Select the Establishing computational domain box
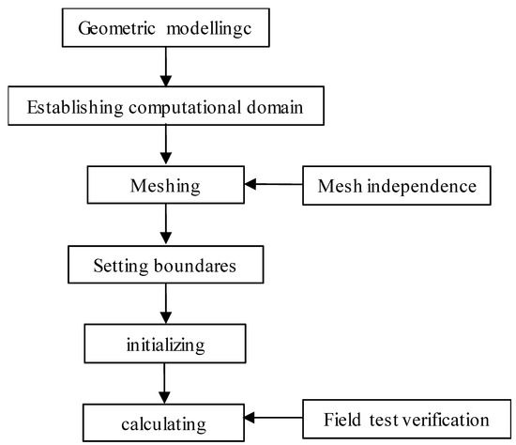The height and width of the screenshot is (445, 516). (x=166, y=106)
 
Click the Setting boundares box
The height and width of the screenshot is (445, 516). (x=166, y=266)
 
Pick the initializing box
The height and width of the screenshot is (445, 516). (x=166, y=345)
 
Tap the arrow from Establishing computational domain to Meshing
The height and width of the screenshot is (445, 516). (x=166, y=146)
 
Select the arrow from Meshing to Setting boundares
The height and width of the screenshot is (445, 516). (x=166, y=225)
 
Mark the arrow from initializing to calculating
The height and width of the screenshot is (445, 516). (x=166, y=383)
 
